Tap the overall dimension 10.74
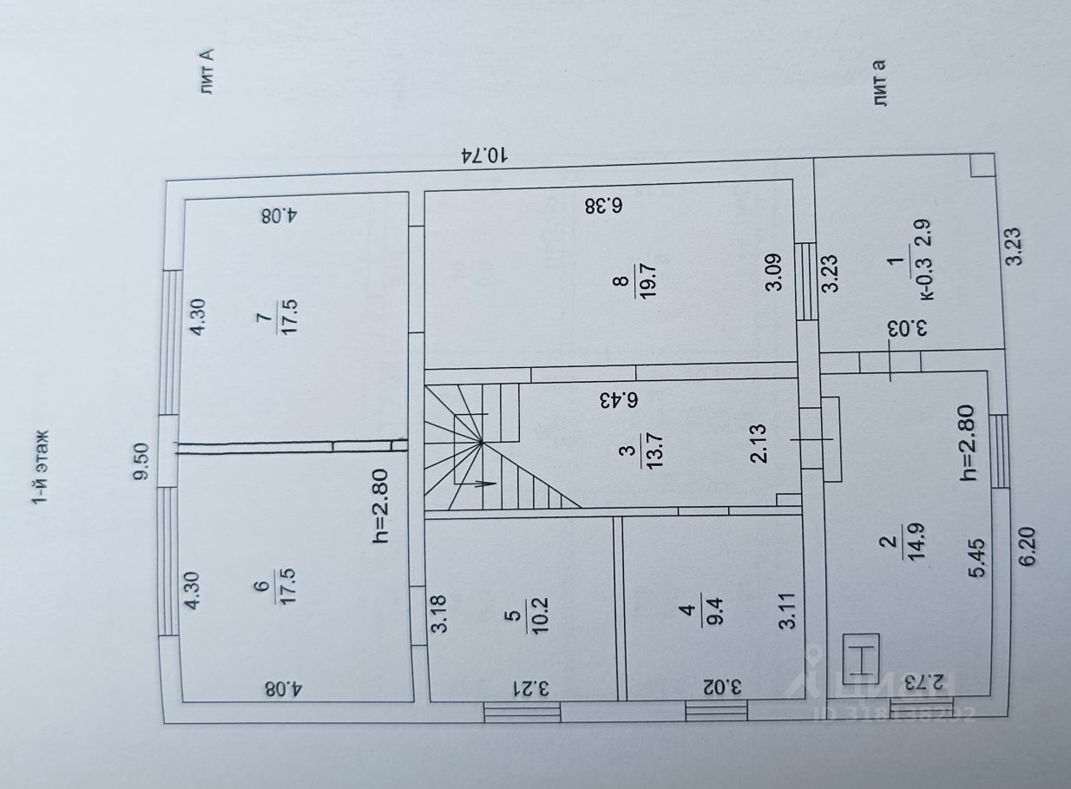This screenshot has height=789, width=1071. pyautogui.click(x=484, y=155)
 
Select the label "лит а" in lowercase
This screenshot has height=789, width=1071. pyautogui.click(x=882, y=84)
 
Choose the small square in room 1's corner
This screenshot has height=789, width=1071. pyautogui.click(x=982, y=165)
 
